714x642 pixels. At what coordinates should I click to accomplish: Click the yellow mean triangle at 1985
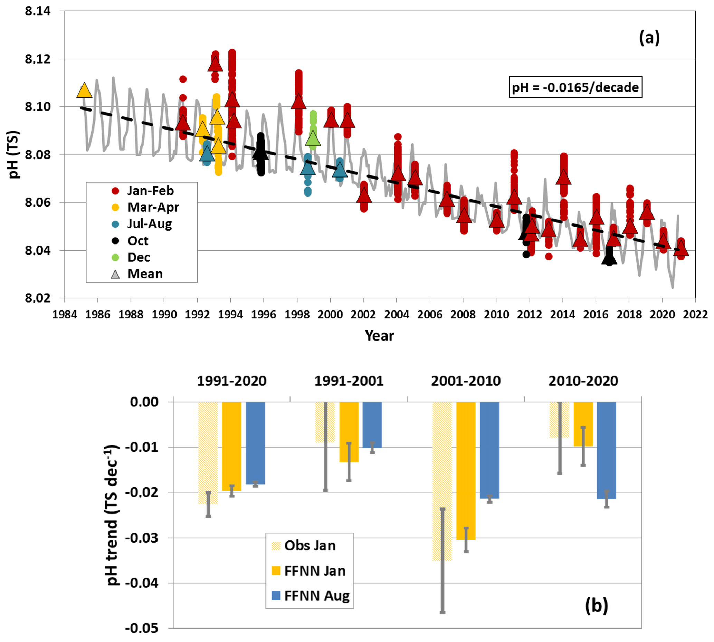[84, 91]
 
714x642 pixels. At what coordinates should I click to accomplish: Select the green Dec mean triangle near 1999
[313, 138]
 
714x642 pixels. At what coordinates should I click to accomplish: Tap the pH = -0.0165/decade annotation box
[575, 87]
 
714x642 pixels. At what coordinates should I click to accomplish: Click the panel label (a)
[649, 38]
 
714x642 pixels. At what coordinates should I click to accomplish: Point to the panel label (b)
[596, 605]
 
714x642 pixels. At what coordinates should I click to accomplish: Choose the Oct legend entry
[137, 241]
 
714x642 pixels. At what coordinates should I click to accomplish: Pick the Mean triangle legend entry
[145, 274]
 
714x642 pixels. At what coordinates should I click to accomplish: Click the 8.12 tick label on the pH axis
[37, 59]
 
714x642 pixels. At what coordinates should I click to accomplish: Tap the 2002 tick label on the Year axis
[363, 314]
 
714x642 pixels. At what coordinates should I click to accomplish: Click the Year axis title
[379, 335]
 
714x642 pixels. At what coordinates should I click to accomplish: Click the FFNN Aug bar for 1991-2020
[255, 443]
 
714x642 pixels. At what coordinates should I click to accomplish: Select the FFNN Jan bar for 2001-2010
[466, 471]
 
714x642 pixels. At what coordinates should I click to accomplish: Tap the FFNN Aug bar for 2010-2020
[607, 450]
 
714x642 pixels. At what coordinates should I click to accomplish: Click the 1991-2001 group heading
[349, 381]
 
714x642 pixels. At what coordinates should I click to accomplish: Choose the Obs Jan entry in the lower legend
[310, 546]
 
